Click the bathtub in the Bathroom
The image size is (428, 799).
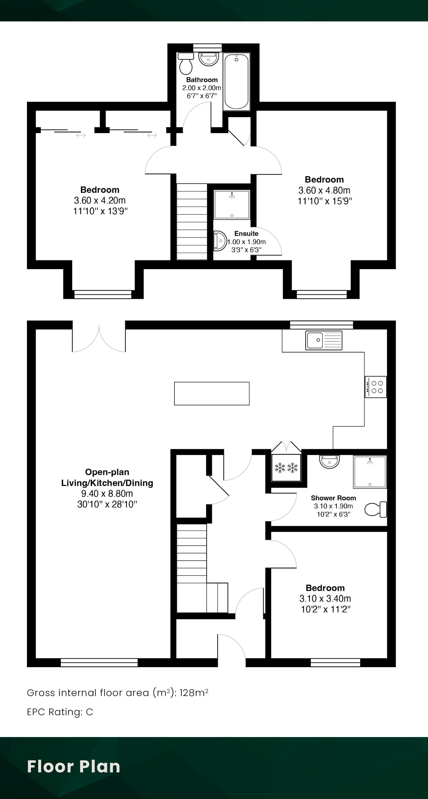[x=237, y=82]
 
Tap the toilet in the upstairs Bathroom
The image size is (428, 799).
[x=186, y=63]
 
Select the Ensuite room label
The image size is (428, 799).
[x=246, y=234]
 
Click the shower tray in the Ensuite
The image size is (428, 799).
[x=232, y=205]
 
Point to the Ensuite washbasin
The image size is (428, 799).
[x=220, y=241]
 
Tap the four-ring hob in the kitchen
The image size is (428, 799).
[x=376, y=387]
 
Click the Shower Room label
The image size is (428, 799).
[x=333, y=498]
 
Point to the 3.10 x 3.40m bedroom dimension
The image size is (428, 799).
[x=325, y=598]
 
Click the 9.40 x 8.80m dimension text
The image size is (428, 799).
[x=107, y=493]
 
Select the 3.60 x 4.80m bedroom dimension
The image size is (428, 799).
[x=324, y=190]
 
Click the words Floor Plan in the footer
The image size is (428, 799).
[x=74, y=767]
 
